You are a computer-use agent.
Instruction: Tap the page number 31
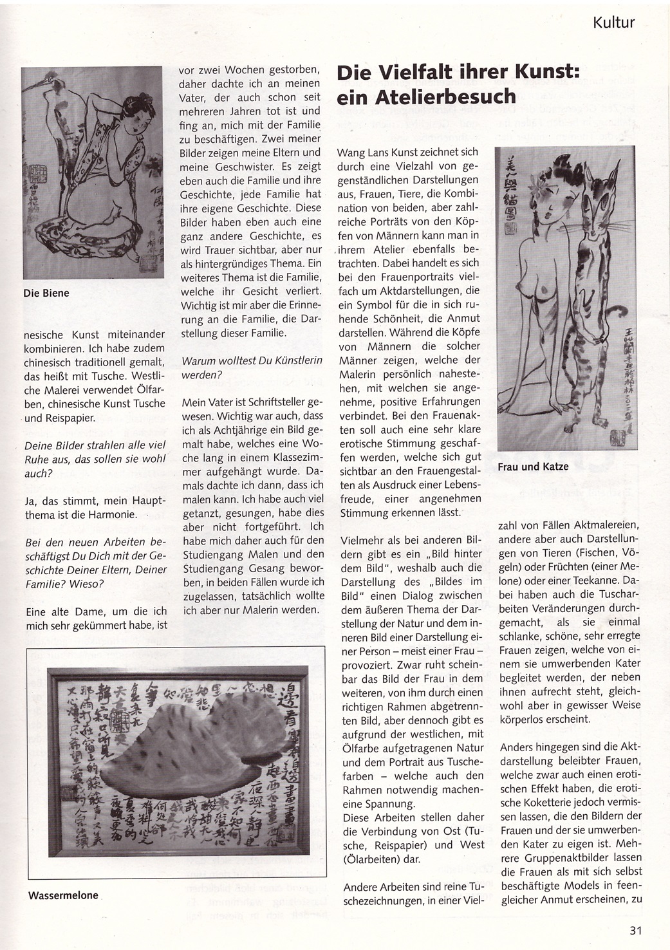pyautogui.click(x=636, y=929)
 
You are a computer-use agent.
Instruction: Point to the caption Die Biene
pyautogui.click(x=46, y=293)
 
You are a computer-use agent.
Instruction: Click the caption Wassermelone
pyautogui.click(x=63, y=895)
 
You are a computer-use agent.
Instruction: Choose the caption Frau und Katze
pyautogui.click(x=533, y=466)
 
